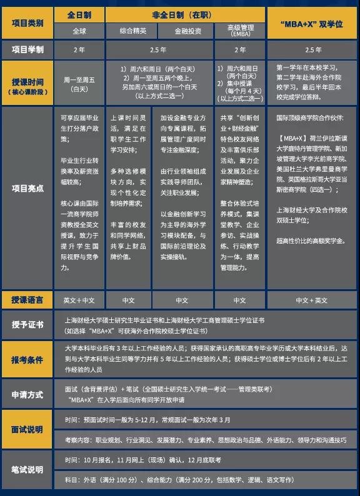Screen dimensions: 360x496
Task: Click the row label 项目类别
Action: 27,22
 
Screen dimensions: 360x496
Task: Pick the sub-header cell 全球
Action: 79,30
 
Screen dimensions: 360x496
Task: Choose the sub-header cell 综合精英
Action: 132,30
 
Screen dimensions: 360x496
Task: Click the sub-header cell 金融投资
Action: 186,30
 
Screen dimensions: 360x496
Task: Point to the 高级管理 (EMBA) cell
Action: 239,30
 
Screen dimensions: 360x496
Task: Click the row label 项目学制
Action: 27,49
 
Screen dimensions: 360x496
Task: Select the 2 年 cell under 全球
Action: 79,49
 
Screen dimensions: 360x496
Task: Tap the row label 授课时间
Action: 27,83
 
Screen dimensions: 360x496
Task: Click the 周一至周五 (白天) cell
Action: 79,84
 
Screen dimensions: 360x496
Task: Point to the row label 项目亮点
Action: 27,188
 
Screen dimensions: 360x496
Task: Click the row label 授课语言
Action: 27,300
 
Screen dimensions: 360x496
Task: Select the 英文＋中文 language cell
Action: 79,300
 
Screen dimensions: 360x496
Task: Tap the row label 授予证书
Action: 27,325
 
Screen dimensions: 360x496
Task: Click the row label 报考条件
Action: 27,360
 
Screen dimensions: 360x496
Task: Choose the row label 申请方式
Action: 27,395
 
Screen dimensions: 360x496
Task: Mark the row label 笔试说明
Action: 27,469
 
